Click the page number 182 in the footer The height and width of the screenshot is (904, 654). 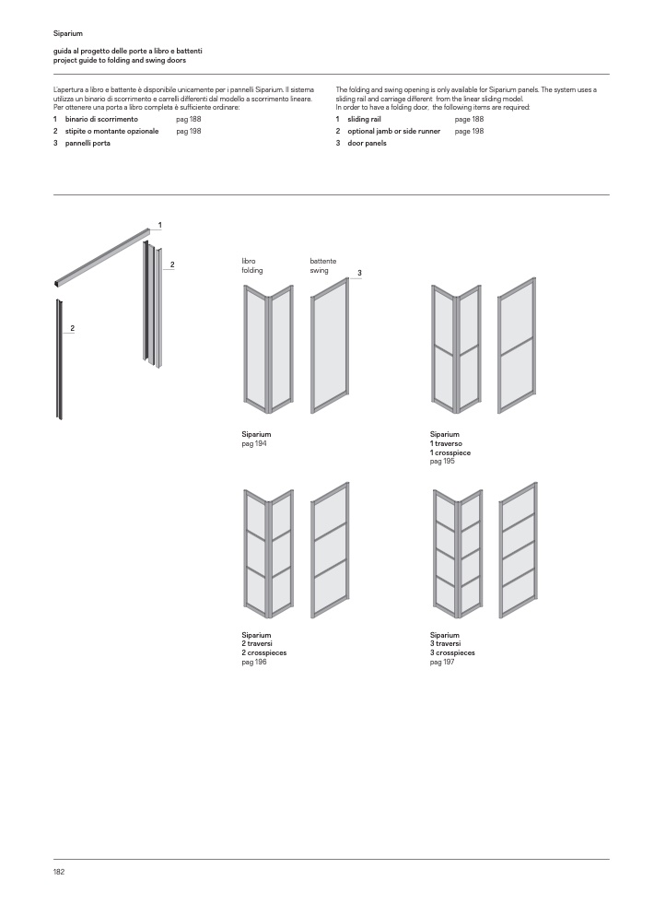pyautogui.click(x=58, y=871)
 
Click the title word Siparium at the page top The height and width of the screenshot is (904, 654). pyautogui.click(x=67, y=33)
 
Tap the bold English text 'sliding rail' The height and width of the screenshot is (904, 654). pyautogui.click(x=364, y=120)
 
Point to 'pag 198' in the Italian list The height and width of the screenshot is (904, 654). pyautogui.click(x=189, y=132)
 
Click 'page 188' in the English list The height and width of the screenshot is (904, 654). pyautogui.click(x=469, y=120)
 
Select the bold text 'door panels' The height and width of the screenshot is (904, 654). pyautogui.click(x=367, y=144)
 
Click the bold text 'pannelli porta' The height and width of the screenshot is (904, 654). pyautogui.click(x=88, y=144)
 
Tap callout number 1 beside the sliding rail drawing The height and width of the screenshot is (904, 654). pyautogui.click(x=159, y=225)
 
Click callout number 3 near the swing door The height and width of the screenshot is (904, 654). pyautogui.click(x=359, y=273)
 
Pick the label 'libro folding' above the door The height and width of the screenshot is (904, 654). pyautogui.click(x=252, y=266)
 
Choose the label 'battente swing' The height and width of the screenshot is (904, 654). pyautogui.click(x=323, y=266)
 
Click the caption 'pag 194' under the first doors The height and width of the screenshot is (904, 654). pyautogui.click(x=254, y=443)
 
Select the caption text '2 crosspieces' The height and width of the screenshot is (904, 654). pyautogui.click(x=264, y=652)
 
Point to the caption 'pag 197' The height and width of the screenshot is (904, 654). pyautogui.click(x=442, y=661)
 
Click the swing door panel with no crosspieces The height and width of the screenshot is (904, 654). pyautogui.click(x=331, y=345)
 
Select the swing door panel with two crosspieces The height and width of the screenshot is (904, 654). pyautogui.click(x=331, y=550)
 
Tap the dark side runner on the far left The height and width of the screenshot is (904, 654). pyautogui.click(x=60, y=359)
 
